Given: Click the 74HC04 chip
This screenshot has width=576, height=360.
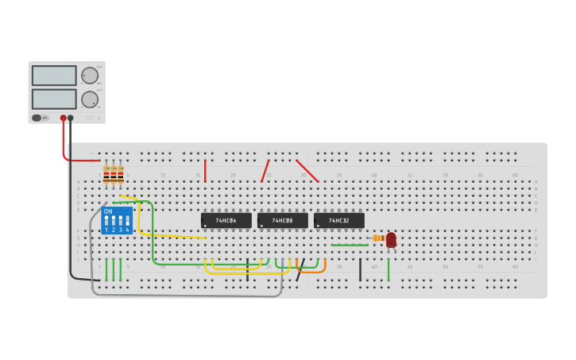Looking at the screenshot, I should [226, 220].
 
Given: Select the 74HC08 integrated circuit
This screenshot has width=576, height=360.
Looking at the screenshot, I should [282, 220].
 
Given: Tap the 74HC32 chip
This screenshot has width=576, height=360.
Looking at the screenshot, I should [338, 220].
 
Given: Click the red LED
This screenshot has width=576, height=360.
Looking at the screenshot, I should [391, 239].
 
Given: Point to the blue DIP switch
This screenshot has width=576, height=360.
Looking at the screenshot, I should [117, 220].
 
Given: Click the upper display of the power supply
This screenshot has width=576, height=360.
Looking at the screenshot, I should [54, 75].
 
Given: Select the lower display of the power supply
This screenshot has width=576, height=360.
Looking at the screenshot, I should [54, 99].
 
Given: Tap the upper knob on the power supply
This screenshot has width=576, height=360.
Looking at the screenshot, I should [90, 75].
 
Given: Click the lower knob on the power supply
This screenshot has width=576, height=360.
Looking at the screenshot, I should [90, 99].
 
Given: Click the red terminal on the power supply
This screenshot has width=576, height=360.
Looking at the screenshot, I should [64, 118].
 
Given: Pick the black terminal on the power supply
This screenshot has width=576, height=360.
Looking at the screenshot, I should [71, 118].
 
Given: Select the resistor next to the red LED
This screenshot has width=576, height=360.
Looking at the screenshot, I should [378, 238].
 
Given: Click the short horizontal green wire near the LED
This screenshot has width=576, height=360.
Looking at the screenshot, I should [350, 245].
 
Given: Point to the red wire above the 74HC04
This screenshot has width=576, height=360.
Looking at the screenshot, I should [205, 170].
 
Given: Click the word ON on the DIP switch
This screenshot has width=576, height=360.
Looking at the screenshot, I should [108, 211].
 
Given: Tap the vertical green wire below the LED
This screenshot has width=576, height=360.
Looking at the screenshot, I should [388, 269].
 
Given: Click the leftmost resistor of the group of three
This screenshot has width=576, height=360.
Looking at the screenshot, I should [106, 174].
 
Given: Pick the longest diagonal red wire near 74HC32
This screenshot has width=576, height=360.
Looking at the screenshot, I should [307, 171].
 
